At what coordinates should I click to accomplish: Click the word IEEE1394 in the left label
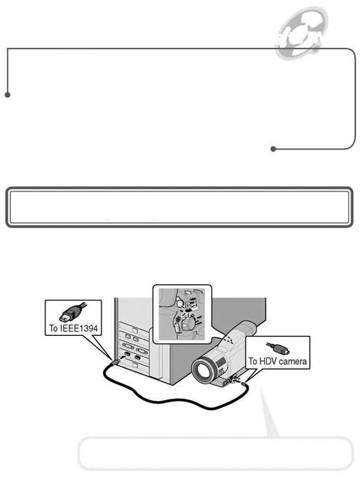pos(78,328)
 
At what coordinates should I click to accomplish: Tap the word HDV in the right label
pos(268,361)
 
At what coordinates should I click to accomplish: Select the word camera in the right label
pos(293,362)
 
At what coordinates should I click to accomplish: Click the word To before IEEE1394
pos(53,328)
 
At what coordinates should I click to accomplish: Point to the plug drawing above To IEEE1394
pos(73,312)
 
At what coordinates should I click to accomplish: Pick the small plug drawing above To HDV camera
pos(278,348)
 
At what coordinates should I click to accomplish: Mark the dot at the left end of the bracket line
pos(8,95)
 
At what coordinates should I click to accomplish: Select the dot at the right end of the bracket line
pos(273,149)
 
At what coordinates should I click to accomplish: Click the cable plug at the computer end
pos(116,362)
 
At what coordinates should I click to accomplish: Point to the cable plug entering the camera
pos(242,383)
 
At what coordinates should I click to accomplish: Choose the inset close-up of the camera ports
pos(182,314)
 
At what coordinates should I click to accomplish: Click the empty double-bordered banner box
pos(179,207)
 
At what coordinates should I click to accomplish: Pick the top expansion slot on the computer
pos(134,328)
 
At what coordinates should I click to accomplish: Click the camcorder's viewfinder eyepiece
pos(247,328)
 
